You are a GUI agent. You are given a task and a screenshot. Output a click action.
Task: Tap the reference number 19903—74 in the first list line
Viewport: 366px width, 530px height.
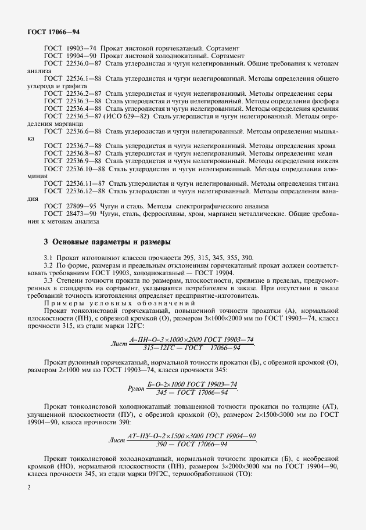pos(81,47)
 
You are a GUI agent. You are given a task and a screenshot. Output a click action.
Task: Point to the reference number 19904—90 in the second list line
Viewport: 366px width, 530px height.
pos(81,55)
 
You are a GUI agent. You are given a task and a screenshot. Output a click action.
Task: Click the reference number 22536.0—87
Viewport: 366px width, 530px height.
pos(84,62)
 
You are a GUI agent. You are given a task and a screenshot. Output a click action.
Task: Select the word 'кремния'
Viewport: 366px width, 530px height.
pos(323,109)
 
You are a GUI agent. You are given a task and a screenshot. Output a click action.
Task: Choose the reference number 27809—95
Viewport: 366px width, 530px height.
pos(81,206)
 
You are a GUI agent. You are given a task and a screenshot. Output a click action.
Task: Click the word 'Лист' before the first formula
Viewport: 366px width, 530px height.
pos(118,343)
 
